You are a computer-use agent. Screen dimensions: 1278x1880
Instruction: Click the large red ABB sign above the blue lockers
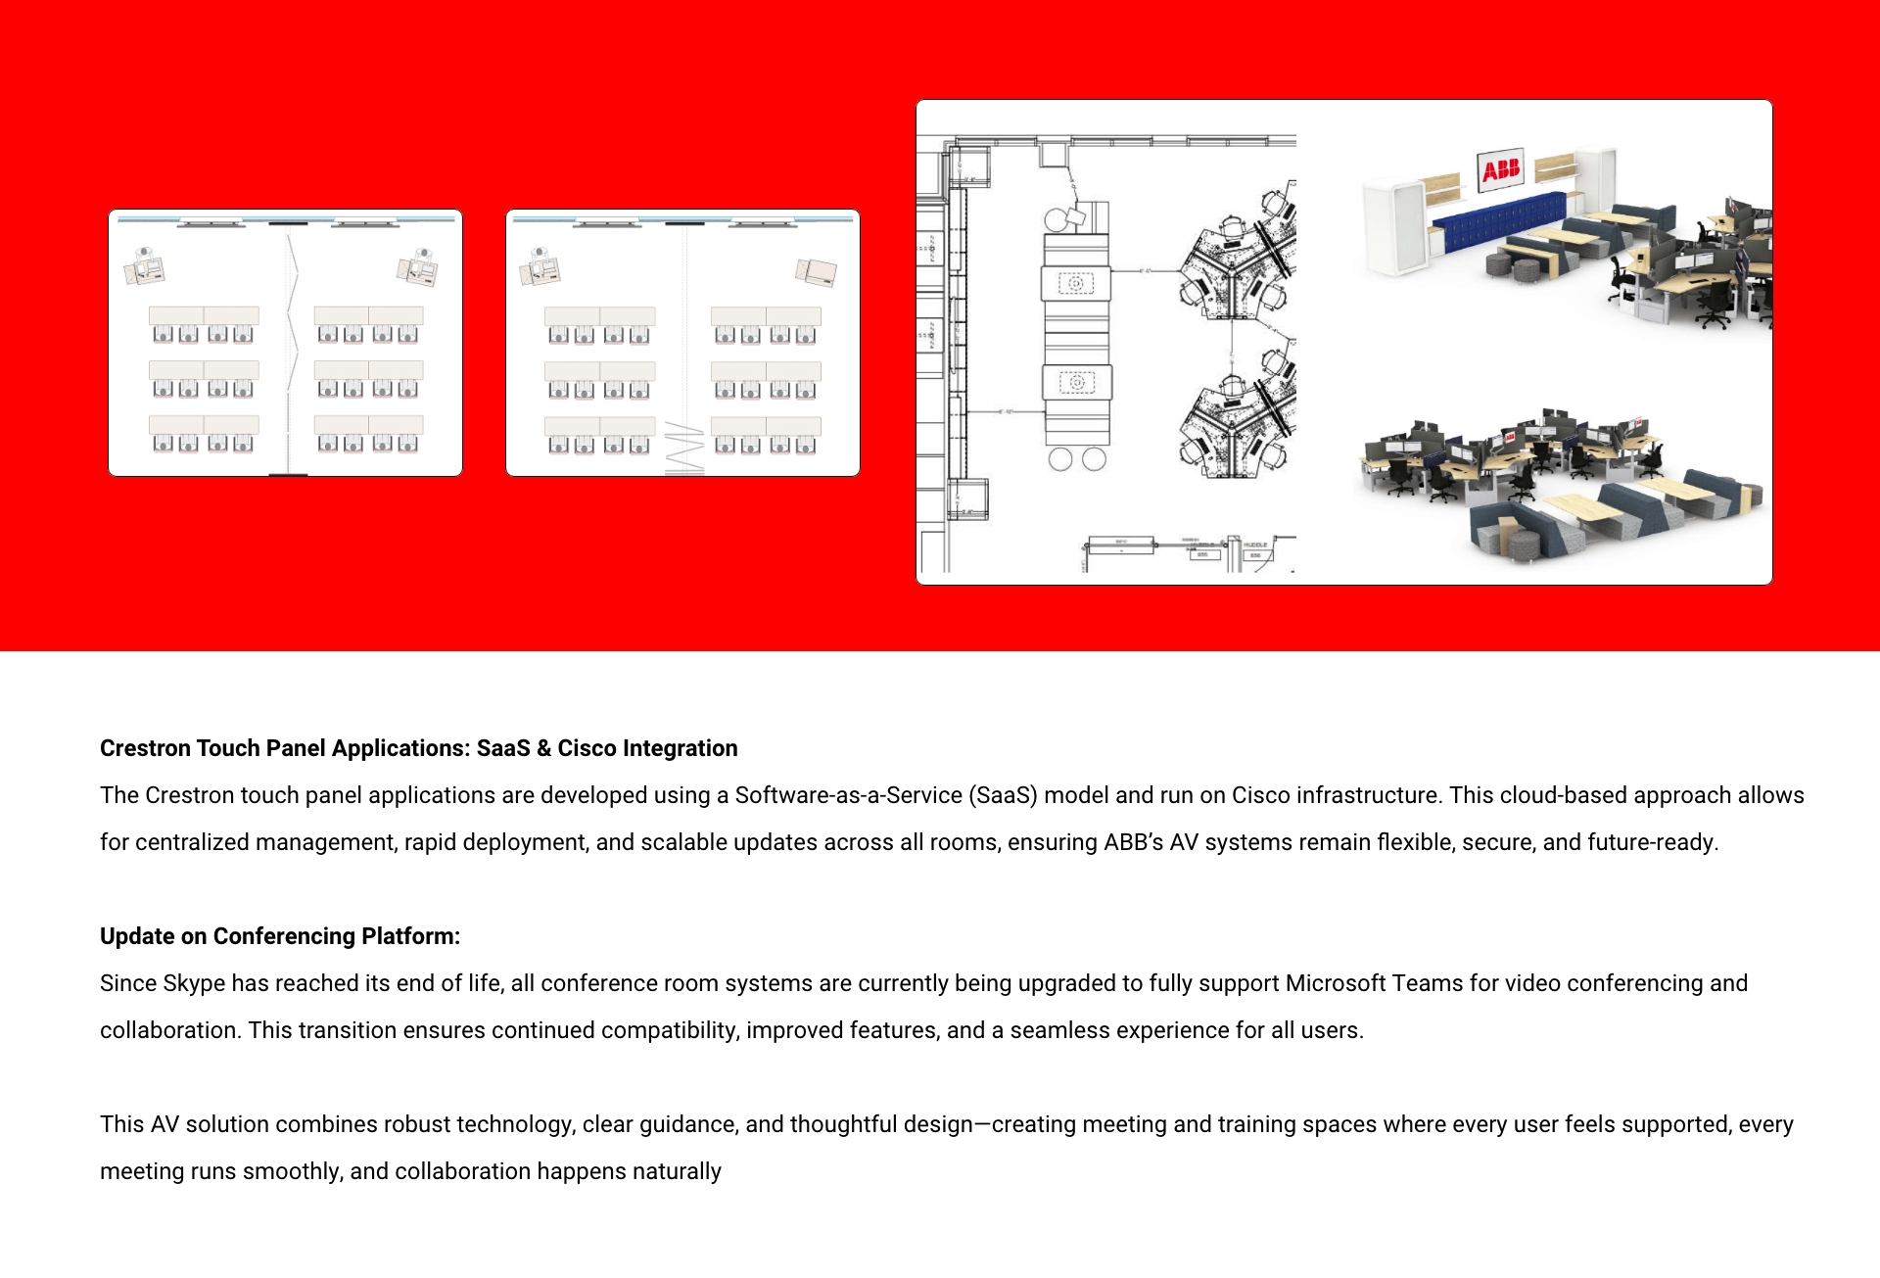1500,170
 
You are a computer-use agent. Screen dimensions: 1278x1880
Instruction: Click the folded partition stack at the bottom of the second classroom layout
684,450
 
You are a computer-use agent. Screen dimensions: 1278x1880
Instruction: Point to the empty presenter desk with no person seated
817,271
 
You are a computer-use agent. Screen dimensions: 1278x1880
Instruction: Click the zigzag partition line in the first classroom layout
290,343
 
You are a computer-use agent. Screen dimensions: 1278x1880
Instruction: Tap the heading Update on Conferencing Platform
280,936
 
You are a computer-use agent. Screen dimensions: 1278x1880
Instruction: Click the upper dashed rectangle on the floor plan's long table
1075,284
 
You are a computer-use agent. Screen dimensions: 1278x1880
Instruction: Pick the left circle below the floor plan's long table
1059,459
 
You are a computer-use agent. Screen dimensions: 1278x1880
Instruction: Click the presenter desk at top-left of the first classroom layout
145,266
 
